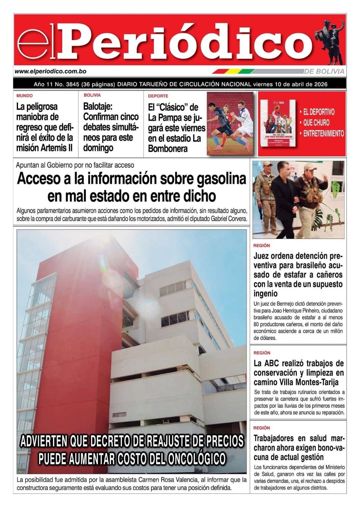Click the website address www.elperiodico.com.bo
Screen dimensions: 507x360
tap(50, 72)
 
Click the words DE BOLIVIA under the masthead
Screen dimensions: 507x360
tap(324, 72)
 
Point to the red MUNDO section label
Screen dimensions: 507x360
tap(24, 95)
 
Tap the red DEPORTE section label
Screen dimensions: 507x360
tap(158, 96)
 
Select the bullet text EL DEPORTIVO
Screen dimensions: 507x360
tap(319, 112)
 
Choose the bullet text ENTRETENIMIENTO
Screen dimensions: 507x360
tap(323, 133)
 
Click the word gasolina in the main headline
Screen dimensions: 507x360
tap(221, 179)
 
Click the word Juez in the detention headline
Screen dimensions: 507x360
tap(262, 256)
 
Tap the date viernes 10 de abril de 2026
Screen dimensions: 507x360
tap(290, 84)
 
